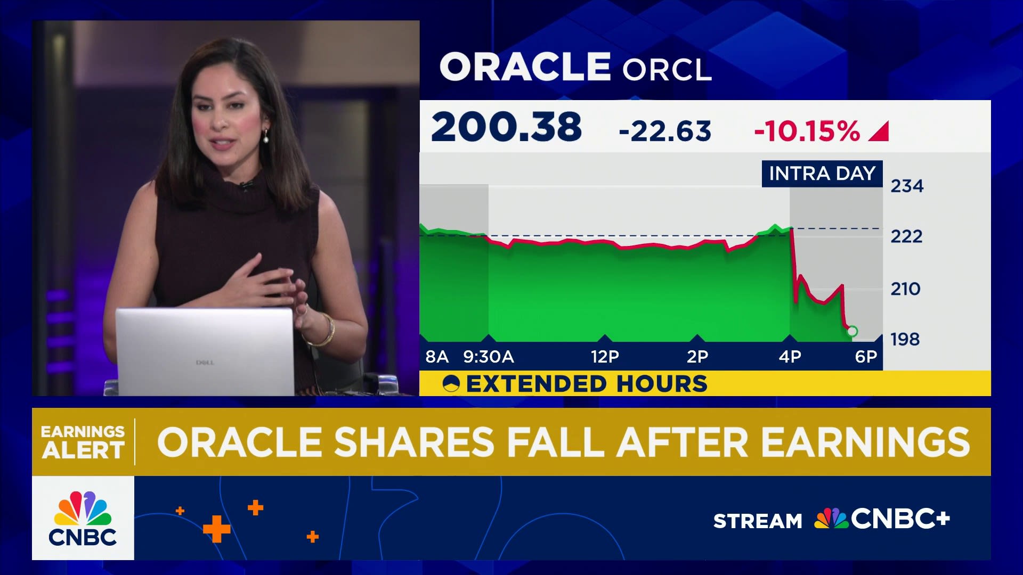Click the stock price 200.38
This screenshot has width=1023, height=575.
506,127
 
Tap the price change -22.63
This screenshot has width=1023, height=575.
665,131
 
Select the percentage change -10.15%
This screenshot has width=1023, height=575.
807,131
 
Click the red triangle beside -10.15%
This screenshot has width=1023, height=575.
879,132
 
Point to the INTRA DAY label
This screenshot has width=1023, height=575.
822,174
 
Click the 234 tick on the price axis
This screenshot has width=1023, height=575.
907,186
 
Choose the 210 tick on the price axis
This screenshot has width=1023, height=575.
905,289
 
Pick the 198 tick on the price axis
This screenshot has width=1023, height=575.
905,339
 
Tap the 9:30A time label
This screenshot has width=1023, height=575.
489,357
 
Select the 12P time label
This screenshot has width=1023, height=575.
605,357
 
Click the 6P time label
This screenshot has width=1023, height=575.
866,357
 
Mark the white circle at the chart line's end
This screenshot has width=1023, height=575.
852,332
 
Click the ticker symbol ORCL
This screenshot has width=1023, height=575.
667,69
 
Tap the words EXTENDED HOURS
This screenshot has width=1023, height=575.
587,384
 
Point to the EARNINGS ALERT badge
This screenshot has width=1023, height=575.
83,442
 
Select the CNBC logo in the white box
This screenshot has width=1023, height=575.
83,519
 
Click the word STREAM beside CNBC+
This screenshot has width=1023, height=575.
758,521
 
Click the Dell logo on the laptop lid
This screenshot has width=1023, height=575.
205,363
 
